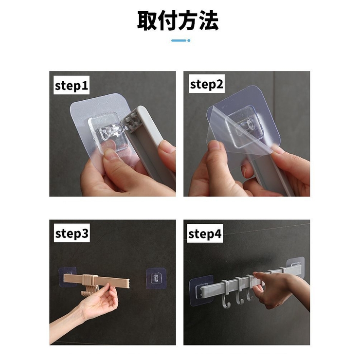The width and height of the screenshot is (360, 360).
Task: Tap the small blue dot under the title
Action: [189, 40]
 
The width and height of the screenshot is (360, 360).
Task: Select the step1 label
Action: [72, 86]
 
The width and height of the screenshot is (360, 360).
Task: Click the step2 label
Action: [206, 85]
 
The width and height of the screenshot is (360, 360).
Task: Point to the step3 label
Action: [72, 234]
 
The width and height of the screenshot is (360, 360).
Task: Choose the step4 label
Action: [205, 234]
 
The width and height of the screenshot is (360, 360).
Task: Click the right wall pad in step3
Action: [157, 278]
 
